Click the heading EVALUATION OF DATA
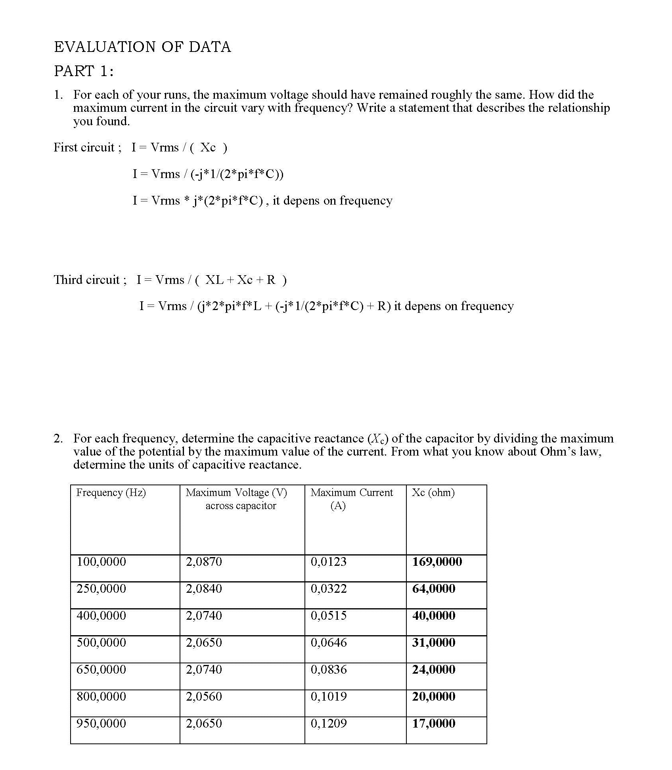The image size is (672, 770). (142, 47)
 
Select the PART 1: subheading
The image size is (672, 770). (84, 71)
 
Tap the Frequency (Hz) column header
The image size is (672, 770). (111, 492)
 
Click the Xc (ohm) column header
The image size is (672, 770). (433, 492)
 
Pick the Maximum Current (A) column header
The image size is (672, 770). (351, 499)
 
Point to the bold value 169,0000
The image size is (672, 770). (437, 561)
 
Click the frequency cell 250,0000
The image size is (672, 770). (101, 588)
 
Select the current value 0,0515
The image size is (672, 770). (328, 615)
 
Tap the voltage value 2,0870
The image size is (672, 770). (204, 561)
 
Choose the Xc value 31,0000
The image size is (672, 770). (434, 642)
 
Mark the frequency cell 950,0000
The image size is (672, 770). (101, 723)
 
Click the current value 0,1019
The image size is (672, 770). (328, 696)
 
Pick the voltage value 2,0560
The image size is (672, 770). (204, 696)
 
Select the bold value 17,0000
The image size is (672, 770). (434, 723)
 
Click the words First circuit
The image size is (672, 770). (84, 147)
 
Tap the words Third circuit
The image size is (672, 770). (86, 280)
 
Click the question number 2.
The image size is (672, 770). (58, 439)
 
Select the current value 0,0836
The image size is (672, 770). (328, 669)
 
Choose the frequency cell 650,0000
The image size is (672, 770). (101, 669)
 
